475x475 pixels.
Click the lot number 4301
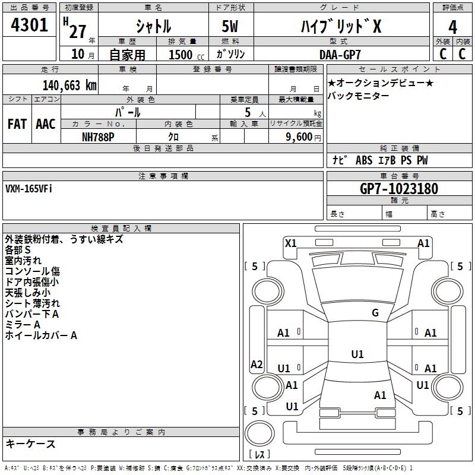coord(30,26)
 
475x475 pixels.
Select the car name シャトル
coord(153,27)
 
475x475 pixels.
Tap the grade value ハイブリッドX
coord(341,27)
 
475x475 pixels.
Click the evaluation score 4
coord(453,27)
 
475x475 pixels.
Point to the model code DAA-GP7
coord(340,54)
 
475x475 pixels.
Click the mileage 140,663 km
coord(69,85)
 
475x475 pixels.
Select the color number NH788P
coord(98,137)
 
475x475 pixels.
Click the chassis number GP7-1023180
coord(399,189)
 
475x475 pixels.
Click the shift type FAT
coord(17,124)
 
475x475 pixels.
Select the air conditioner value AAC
coord(46,124)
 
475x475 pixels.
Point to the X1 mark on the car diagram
coord(290,243)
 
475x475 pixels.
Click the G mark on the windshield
coord(375,313)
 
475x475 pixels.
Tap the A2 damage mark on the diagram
coord(256,365)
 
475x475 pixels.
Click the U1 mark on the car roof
coord(357,354)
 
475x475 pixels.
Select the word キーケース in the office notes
coord(30,444)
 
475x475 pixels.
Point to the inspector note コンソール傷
coord(32,271)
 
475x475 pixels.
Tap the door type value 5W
coord(230,27)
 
